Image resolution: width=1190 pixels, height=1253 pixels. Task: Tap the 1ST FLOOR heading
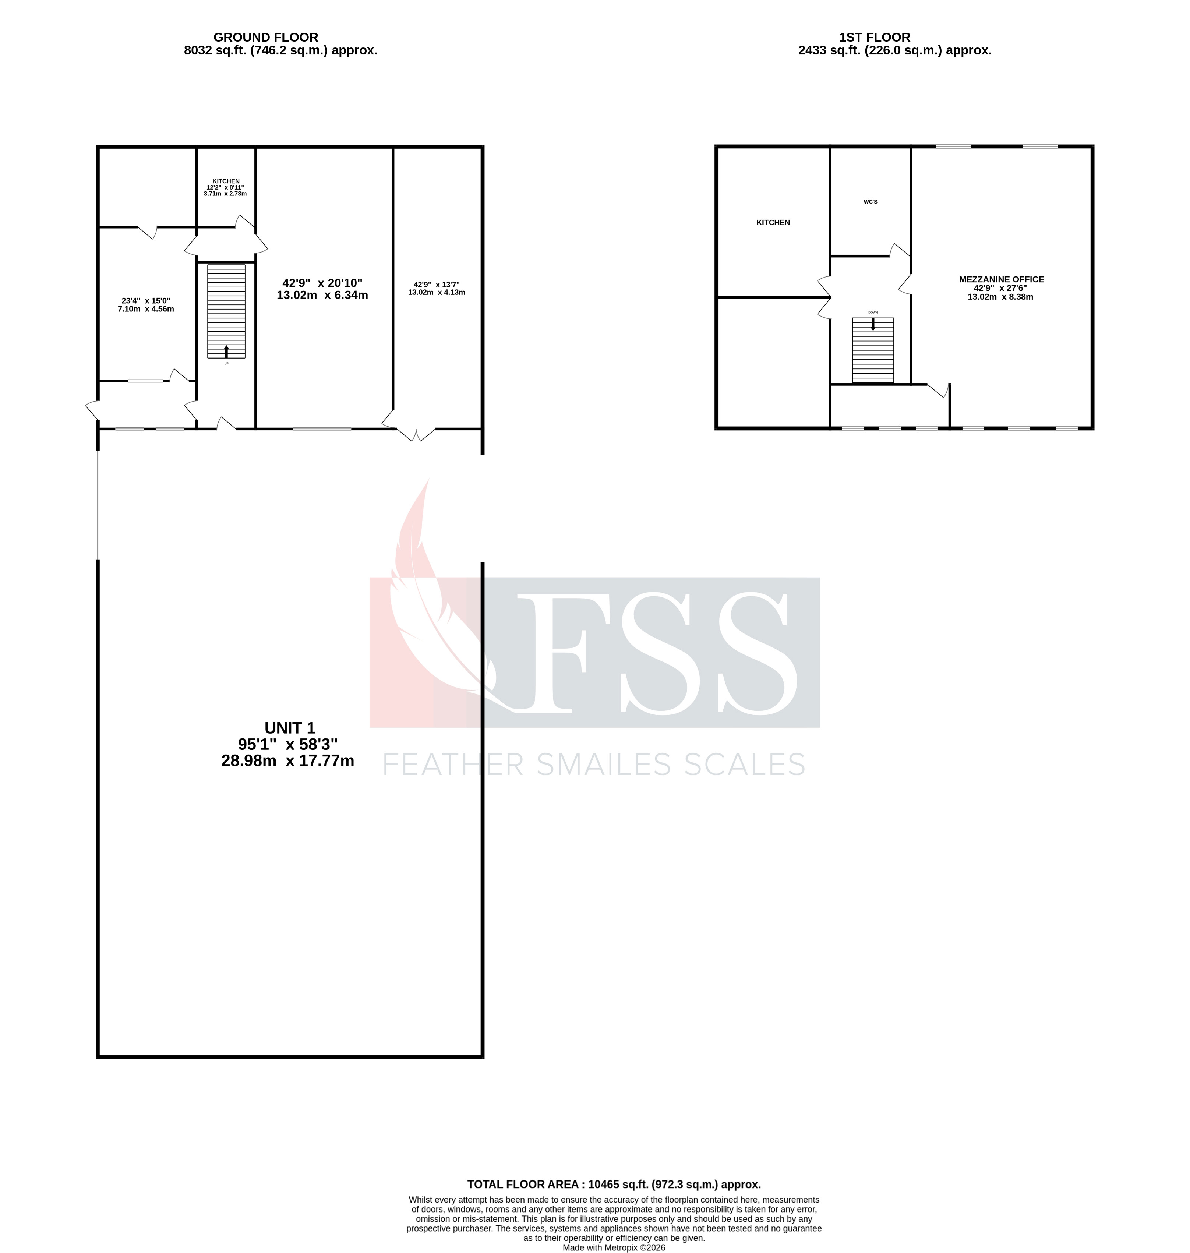tap(874, 38)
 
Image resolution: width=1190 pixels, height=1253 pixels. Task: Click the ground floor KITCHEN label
tap(226, 181)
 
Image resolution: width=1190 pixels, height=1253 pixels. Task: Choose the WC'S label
tap(870, 202)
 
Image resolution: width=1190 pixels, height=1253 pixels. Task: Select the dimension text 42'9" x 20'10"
tap(322, 283)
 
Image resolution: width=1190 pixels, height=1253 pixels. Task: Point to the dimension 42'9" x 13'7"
tap(437, 285)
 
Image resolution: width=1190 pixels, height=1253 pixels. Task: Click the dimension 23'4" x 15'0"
tap(146, 301)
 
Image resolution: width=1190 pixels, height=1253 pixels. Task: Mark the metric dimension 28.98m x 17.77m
tap(287, 761)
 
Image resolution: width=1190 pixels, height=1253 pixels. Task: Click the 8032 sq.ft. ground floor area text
tap(280, 51)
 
